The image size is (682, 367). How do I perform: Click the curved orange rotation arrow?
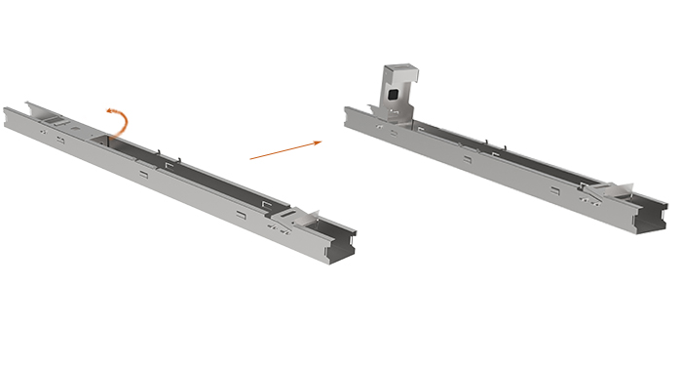pos(119,121)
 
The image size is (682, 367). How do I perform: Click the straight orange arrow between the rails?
pos(284,149)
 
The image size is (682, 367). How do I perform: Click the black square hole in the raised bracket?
pos(392,94)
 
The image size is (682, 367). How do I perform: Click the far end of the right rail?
pos(353,114)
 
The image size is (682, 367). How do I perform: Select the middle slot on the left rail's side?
pos(143,175)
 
